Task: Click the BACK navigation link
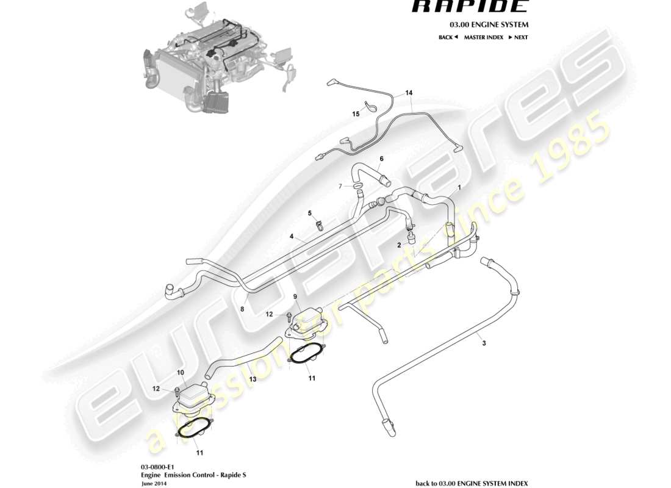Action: tap(448, 37)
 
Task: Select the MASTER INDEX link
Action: tap(483, 37)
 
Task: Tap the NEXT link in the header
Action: tap(518, 37)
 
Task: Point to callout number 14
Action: tap(409, 93)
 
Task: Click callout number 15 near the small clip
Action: tap(356, 113)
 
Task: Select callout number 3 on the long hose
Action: tap(484, 344)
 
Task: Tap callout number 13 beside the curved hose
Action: tap(253, 379)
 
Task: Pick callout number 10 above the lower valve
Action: tap(180, 371)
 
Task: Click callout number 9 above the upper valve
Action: tap(295, 297)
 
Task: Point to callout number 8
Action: tap(242, 309)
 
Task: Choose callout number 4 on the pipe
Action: tap(292, 236)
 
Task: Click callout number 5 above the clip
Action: tap(310, 213)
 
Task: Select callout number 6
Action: tap(381, 159)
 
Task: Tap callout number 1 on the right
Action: tap(459, 187)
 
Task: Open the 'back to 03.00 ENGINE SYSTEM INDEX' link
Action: tap(472, 483)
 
